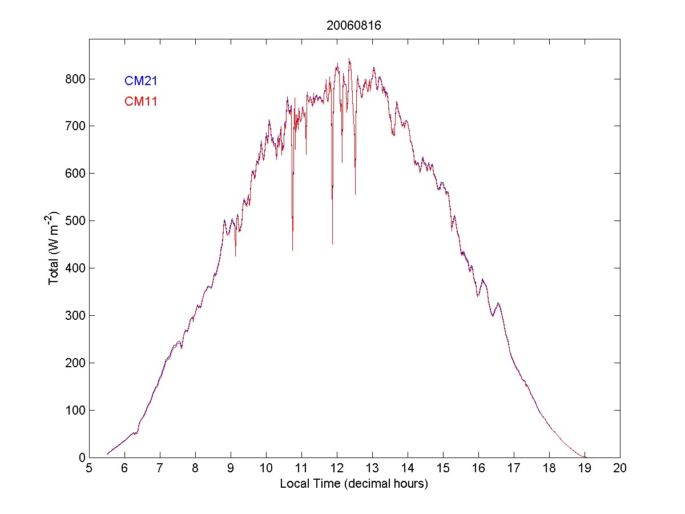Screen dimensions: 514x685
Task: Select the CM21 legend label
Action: [140, 81]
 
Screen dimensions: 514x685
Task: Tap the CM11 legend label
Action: [140, 102]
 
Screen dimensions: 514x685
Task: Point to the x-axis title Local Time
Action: [354, 484]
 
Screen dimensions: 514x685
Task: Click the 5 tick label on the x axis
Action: [89, 468]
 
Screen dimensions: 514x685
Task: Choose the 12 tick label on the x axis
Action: [337, 468]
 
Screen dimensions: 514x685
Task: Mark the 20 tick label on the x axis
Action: [620, 468]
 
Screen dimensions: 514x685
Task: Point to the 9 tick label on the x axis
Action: [231, 468]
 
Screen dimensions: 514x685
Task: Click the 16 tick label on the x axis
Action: [478, 468]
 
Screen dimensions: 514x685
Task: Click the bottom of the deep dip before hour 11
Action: [292, 250]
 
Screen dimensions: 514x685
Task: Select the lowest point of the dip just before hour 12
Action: [332, 244]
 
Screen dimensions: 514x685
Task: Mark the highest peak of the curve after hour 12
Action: [349, 59]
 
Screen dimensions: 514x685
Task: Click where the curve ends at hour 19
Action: [585, 457]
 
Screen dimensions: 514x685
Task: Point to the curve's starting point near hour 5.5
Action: [107, 454]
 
